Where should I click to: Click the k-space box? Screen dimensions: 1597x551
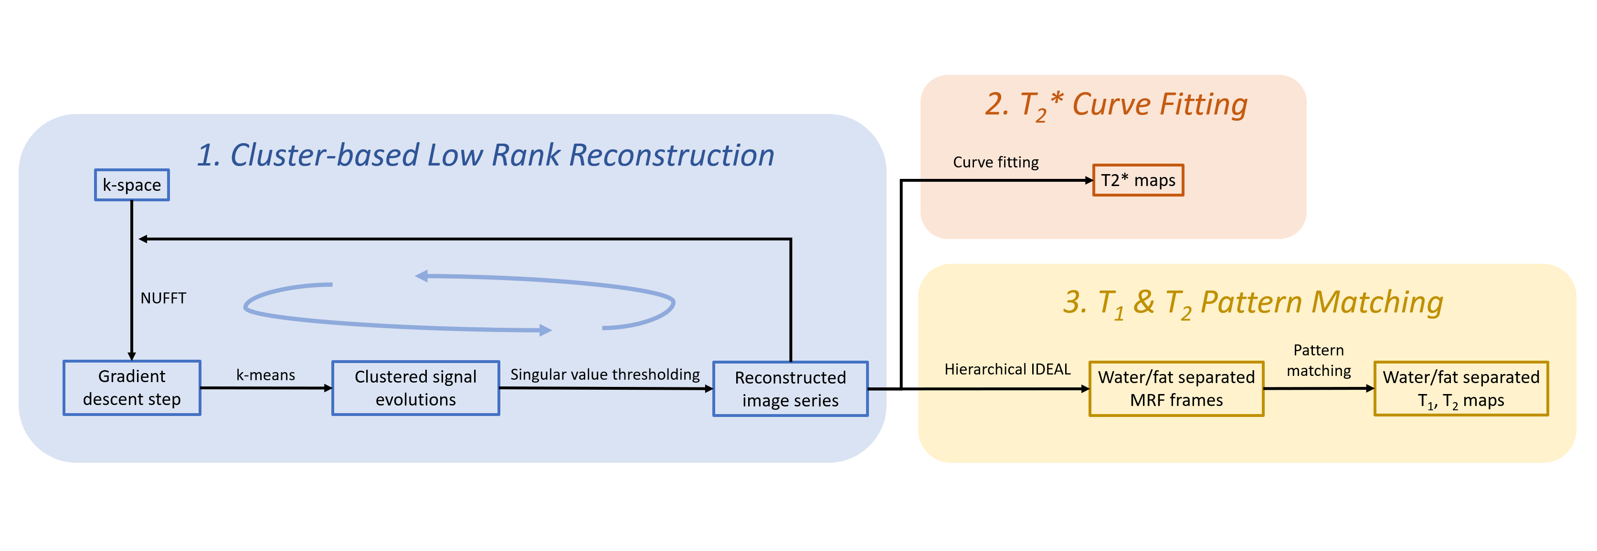(131, 185)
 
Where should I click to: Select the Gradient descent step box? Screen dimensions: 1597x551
(131, 387)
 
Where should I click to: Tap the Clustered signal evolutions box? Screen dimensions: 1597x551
(415, 388)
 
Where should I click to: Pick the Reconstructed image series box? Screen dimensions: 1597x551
(791, 389)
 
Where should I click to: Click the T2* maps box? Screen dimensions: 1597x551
(1138, 180)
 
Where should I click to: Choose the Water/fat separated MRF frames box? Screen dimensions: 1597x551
(1176, 389)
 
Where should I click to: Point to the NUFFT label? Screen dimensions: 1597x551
(163, 298)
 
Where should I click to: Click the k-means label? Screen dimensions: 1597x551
(265, 375)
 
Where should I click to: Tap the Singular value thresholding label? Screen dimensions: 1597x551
(604, 375)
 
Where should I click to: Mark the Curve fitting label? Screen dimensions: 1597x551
(995, 162)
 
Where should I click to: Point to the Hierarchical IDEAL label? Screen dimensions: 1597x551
(1007, 369)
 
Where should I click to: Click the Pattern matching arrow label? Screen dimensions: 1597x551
(1319, 361)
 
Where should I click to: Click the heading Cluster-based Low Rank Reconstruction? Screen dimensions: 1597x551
(486, 155)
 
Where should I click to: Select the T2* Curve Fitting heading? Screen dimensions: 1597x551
(1116, 105)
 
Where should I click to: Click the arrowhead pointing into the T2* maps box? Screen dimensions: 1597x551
(1089, 180)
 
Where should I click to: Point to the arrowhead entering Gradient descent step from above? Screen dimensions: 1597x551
(131, 356)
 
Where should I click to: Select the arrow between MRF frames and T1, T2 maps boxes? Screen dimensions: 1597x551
(1319, 389)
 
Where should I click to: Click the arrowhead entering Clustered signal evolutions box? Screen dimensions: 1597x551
(328, 388)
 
